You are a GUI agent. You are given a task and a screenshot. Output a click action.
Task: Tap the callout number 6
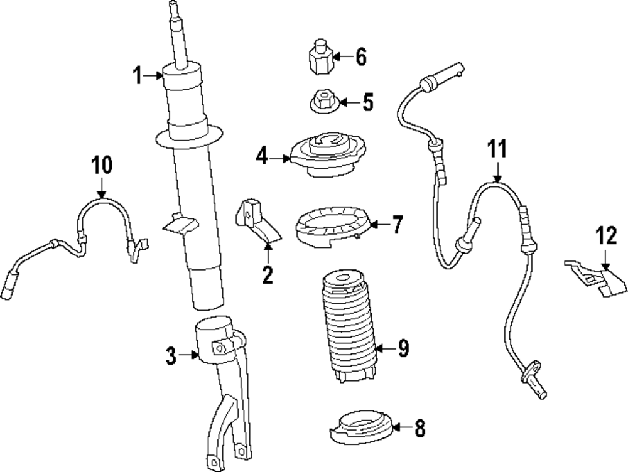tap(360, 57)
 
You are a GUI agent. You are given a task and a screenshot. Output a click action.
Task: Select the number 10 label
tap(102, 165)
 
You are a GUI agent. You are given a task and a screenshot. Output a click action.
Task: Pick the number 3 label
tap(170, 357)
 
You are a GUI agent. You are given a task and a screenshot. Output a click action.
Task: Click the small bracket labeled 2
tap(256, 220)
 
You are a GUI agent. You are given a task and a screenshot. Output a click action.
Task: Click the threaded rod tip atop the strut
tap(173, 9)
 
